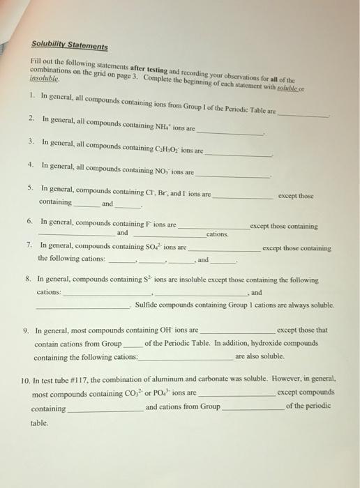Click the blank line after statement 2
(231, 132)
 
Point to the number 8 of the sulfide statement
(26, 279)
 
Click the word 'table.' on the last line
(40, 422)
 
